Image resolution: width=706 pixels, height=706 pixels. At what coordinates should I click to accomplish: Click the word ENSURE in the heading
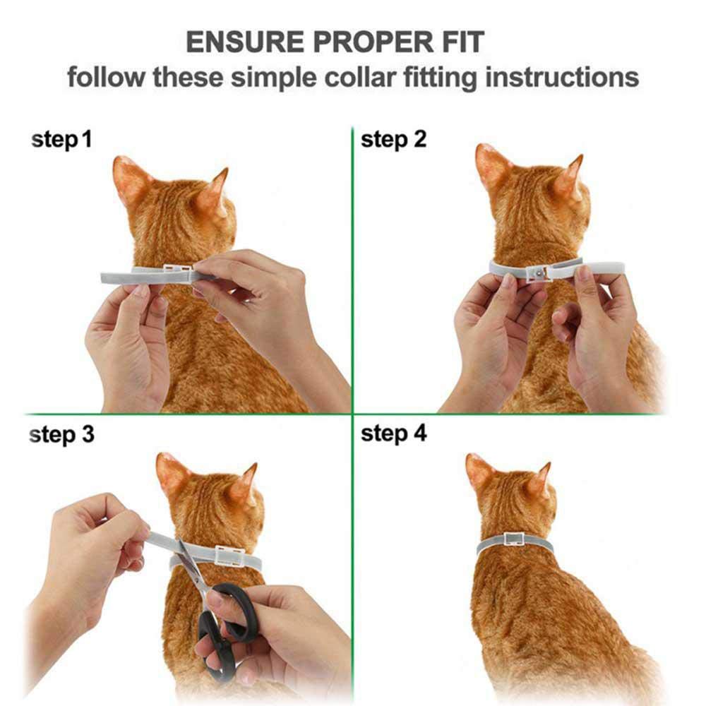click(x=239, y=42)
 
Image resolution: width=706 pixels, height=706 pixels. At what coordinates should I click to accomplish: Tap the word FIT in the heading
click(x=460, y=42)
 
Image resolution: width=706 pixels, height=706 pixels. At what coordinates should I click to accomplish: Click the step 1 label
click(x=61, y=140)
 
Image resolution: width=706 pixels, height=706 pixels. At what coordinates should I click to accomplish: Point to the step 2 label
click(x=393, y=140)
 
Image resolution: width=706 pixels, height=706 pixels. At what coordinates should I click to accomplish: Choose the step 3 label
click(x=61, y=435)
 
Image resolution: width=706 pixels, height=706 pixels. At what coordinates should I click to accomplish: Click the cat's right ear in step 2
click(x=570, y=176)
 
